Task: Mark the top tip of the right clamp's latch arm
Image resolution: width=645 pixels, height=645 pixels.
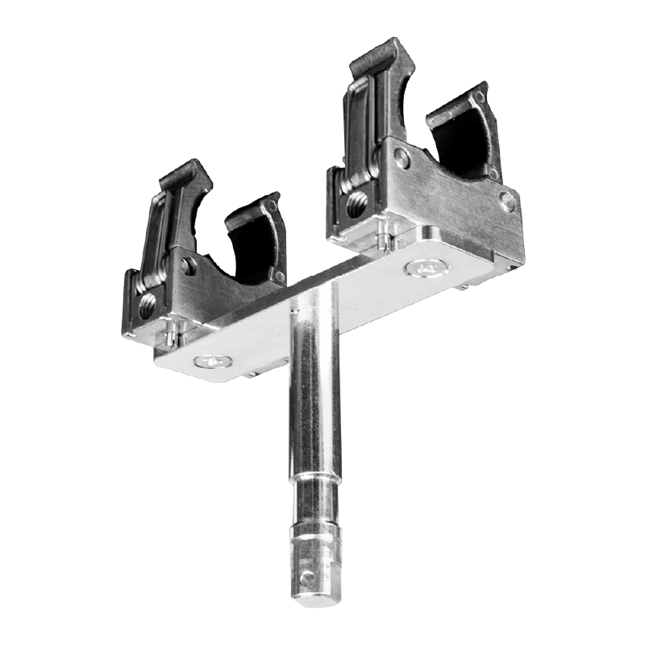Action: [x=379, y=50]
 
